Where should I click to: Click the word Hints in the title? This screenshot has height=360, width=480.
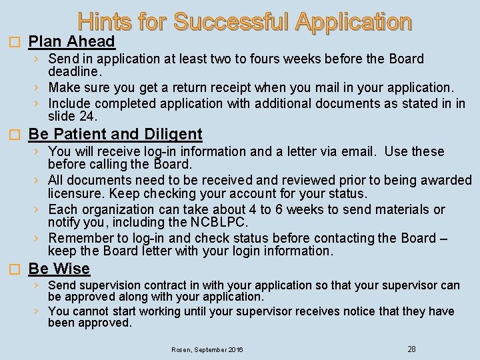[105, 22]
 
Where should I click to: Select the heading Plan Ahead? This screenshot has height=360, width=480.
[72, 42]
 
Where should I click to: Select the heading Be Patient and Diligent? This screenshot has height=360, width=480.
[115, 135]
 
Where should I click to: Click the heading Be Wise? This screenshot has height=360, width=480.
[59, 269]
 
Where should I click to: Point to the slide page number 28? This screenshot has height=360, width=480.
[411, 349]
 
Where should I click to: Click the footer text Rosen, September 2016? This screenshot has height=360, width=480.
[207, 349]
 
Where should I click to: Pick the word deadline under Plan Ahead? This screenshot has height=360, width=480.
[74, 71]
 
